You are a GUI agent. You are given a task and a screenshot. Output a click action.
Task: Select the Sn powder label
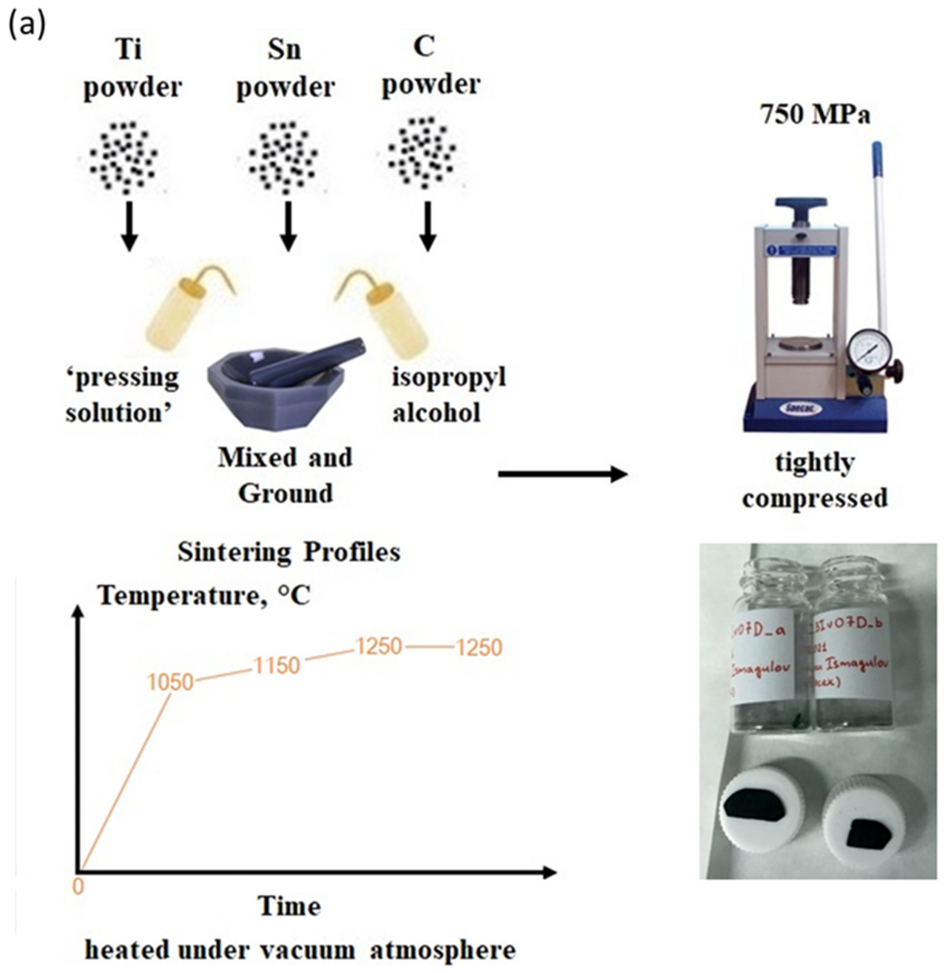(285, 70)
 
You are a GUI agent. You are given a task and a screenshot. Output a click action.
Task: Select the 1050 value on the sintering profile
(170, 682)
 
